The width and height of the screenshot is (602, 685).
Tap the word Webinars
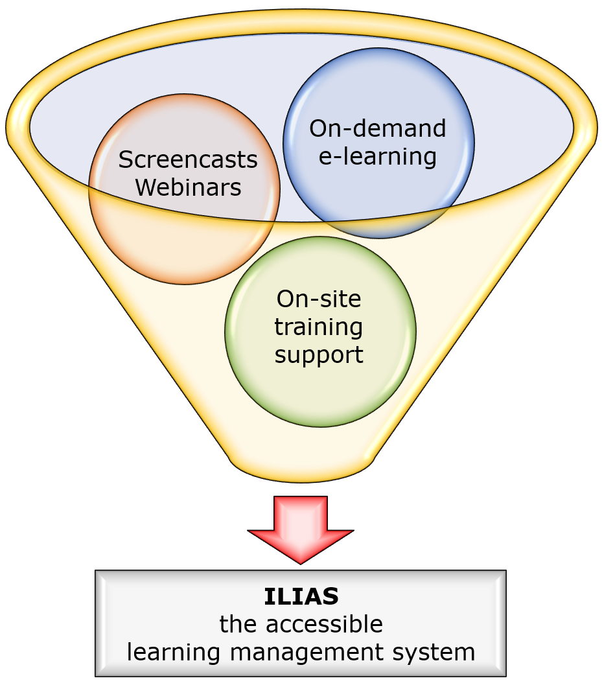coord(189,187)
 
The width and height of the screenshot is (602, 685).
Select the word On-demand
coord(378,128)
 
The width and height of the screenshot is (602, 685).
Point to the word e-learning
coord(378,156)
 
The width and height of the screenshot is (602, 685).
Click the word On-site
coord(319,299)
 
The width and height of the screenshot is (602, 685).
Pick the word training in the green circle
coord(319,327)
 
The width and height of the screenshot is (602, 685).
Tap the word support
coord(319,354)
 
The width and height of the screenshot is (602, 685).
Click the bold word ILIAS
coord(301,596)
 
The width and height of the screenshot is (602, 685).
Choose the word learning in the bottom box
coord(170,651)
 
